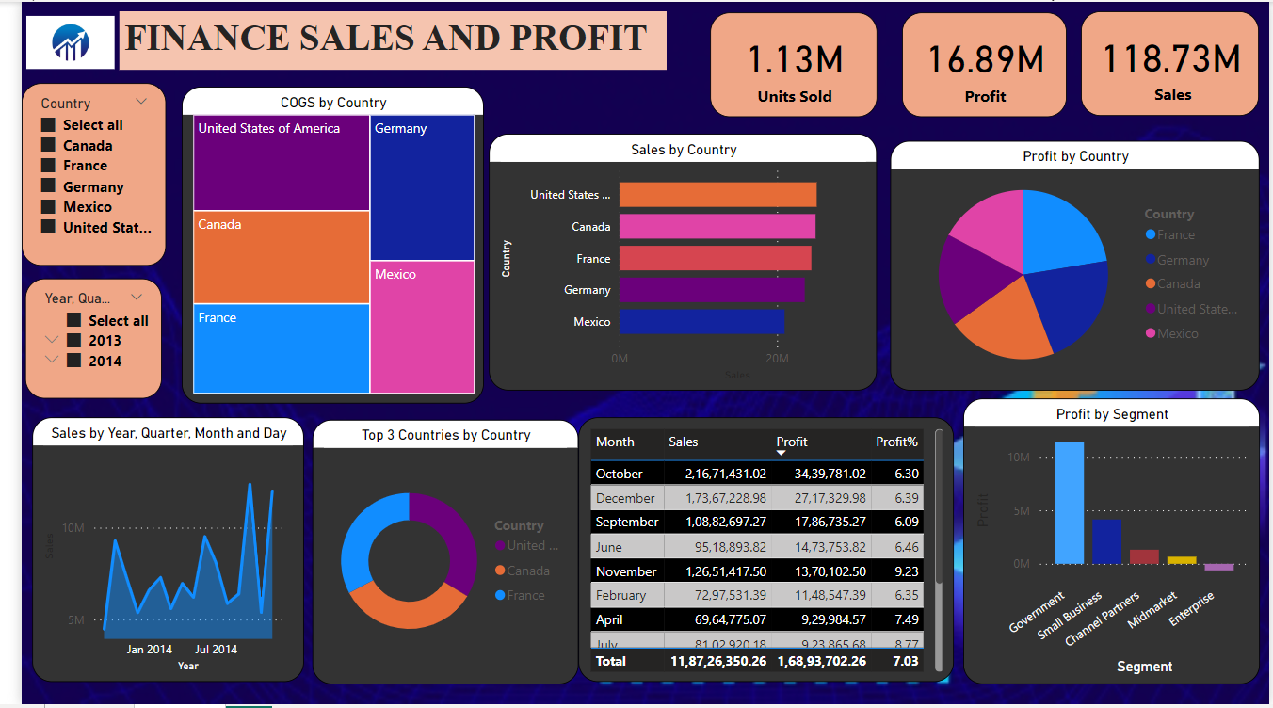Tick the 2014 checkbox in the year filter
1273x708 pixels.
point(74,361)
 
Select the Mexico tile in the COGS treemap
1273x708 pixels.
point(422,326)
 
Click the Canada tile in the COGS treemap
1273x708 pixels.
point(281,257)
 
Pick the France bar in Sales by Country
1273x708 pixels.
point(715,258)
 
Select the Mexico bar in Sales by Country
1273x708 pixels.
point(701,322)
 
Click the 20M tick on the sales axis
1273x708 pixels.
point(777,359)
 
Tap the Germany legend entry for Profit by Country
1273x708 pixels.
point(1182,260)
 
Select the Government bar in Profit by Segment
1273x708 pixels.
point(1069,503)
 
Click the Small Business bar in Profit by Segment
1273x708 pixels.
point(1106,541)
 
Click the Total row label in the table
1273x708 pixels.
point(611,661)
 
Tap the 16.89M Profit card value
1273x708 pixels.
point(985,60)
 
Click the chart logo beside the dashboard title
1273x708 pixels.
point(70,42)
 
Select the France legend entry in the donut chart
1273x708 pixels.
point(524,595)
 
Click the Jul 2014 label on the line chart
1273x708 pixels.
point(216,650)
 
